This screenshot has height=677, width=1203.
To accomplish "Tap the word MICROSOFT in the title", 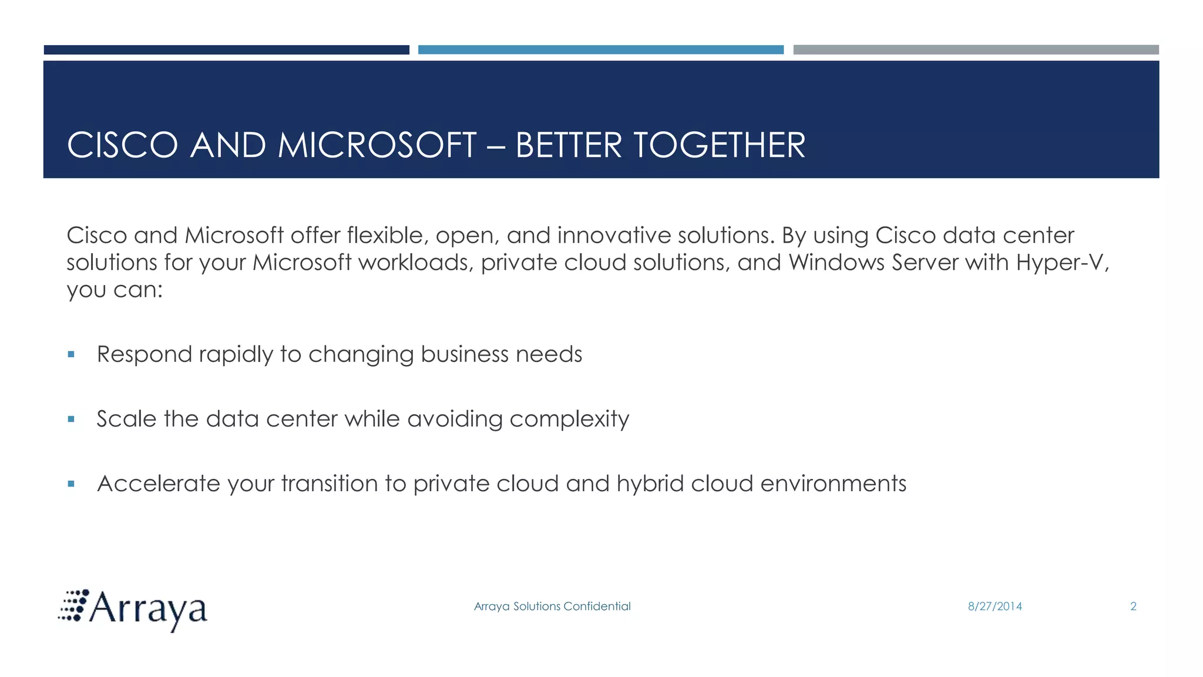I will click(377, 145).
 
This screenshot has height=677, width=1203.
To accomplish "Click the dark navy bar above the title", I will click(226, 50).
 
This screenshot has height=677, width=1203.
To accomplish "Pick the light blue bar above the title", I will click(600, 50).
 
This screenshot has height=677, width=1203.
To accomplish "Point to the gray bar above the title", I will click(976, 50).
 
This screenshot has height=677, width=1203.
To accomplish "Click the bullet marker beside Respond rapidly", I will click(71, 354).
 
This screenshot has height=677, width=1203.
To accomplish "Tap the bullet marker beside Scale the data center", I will click(71, 419).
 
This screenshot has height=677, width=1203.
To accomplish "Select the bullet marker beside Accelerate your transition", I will click(71, 484).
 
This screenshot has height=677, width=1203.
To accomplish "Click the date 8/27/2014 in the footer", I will click(994, 606).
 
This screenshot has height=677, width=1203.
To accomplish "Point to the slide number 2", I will click(1133, 606).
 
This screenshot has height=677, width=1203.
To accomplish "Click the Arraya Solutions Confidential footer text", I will click(552, 606).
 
